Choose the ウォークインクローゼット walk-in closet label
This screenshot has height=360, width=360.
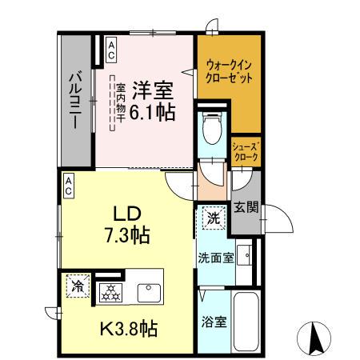[x=230, y=72]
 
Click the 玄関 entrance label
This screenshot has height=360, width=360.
[x=246, y=209]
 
